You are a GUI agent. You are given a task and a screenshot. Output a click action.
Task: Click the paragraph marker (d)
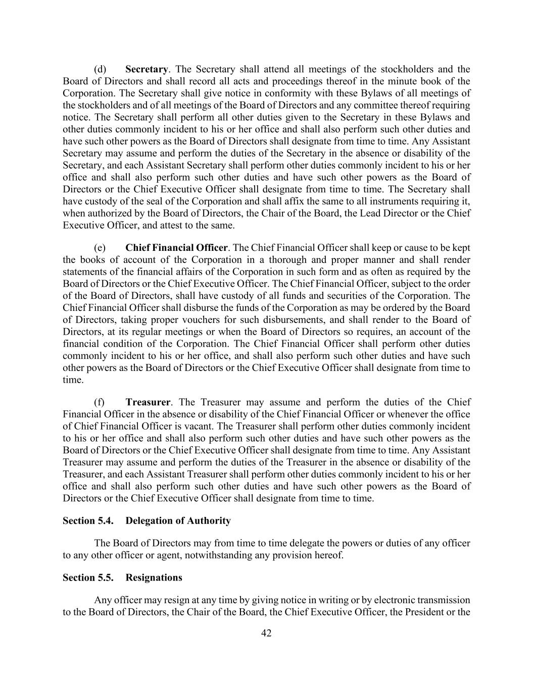click(x=100, y=69)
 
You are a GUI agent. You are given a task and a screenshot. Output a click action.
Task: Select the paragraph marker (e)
click(x=100, y=248)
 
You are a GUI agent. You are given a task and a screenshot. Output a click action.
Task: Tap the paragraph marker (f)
click(x=100, y=402)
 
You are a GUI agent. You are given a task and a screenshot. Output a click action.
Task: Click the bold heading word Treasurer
click(x=148, y=402)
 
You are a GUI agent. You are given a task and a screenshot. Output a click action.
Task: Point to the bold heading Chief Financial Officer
click(x=176, y=248)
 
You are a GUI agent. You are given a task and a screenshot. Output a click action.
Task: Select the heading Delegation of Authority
click(x=178, y=520)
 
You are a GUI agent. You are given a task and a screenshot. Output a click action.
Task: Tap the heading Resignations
click(x=154, y=577)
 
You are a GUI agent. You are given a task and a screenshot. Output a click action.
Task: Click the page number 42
click(x=266, y=633)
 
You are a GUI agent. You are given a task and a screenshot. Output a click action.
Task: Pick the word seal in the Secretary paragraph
click(x=154, y=201)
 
